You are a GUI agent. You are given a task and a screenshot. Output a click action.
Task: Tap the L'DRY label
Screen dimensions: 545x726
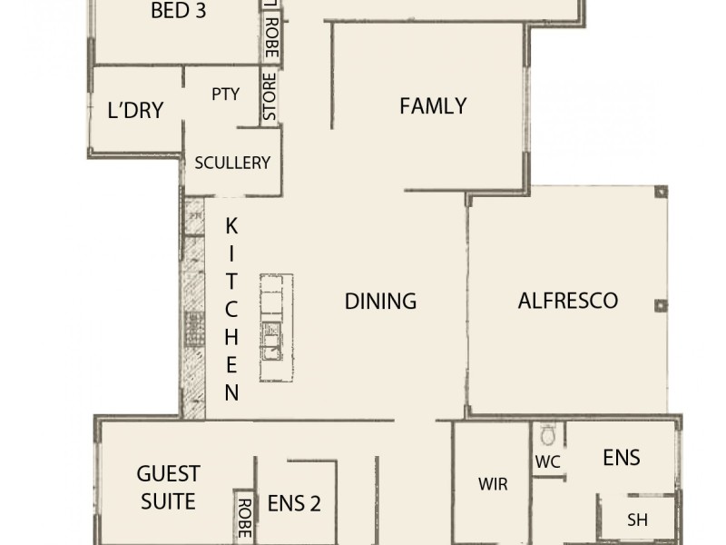point(135,111)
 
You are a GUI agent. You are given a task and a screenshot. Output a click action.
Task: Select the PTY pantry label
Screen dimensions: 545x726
point(225,94)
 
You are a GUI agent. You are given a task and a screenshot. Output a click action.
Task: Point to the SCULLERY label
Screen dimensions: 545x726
point(232,163)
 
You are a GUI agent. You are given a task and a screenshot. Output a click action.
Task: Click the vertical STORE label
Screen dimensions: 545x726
point(270,97)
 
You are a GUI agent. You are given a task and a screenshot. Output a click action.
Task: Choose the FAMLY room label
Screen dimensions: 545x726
point(433,106)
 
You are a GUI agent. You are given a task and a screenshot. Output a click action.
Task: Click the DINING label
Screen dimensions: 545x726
point(380,301)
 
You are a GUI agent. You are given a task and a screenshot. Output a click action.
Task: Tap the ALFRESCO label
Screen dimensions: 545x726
point(567,301)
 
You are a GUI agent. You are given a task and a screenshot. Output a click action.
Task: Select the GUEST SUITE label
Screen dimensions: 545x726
point(168,487)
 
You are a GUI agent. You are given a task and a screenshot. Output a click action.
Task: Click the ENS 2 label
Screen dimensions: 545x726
point(294,503)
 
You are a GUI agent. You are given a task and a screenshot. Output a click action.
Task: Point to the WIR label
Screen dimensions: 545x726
point(493,484)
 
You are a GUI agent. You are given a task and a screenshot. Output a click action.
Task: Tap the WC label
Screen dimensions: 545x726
point(547,462)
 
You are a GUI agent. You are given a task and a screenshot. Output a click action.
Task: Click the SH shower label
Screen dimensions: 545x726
point(637,520)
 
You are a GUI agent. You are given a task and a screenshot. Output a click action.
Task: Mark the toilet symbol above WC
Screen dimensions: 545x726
point(547,433)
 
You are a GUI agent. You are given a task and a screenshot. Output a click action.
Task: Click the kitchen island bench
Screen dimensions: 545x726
point(271,329)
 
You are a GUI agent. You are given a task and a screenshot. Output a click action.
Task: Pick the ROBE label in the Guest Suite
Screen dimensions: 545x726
point(243,519)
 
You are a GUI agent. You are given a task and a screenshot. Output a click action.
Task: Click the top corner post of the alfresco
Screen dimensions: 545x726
point(661,192)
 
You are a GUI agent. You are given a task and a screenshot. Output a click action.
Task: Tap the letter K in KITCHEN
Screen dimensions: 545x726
point(231,225)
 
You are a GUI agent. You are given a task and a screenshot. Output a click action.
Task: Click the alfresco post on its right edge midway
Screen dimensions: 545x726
point(661,305)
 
